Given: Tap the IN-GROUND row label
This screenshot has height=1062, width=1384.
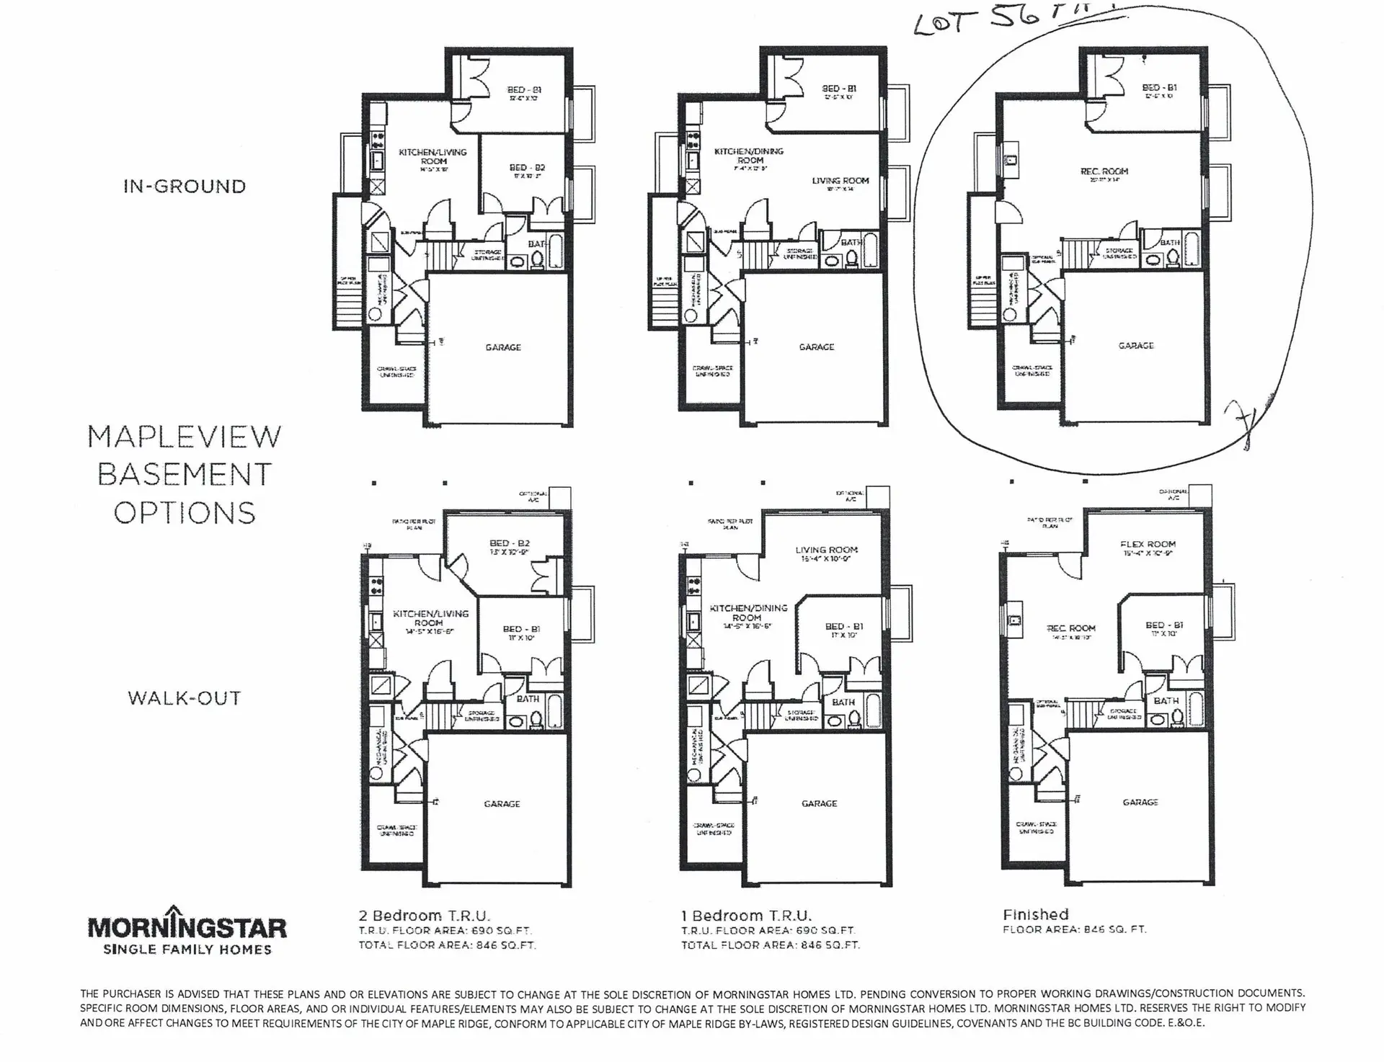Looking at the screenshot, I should coord(185,187).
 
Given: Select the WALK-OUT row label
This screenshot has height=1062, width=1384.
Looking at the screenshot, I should coord(185,698).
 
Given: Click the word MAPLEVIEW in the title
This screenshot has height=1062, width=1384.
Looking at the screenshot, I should coord(185,437).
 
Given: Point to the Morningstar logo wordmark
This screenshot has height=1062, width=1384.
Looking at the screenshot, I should coord(187,928).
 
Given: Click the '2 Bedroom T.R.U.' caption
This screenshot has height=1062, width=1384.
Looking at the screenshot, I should coord(425,916).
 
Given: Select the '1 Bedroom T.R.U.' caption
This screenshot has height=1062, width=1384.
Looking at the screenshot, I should coord(746,916).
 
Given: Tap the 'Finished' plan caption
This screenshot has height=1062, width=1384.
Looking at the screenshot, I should coord(1035,914).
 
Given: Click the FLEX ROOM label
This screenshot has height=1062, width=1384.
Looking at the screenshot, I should coord(1148,545).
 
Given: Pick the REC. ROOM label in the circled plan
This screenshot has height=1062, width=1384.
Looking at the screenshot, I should coord(1104,171).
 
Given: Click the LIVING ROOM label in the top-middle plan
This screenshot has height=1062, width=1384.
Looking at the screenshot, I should coord(840,181).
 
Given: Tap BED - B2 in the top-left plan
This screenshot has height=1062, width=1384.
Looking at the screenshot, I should coord(527,167).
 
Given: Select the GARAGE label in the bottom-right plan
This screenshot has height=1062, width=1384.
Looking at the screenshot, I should coord(1140,802).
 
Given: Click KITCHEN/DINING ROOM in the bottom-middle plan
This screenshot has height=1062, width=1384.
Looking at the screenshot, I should coord(748,612).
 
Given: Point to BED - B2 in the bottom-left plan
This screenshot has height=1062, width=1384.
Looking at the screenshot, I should coord(510,543).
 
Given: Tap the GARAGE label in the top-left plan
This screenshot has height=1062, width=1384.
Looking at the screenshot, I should coord(503,347).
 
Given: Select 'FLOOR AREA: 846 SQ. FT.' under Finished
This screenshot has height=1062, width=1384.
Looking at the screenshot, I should coord(1074,929).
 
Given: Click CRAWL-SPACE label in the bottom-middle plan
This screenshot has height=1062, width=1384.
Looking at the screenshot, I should coord(713,829).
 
